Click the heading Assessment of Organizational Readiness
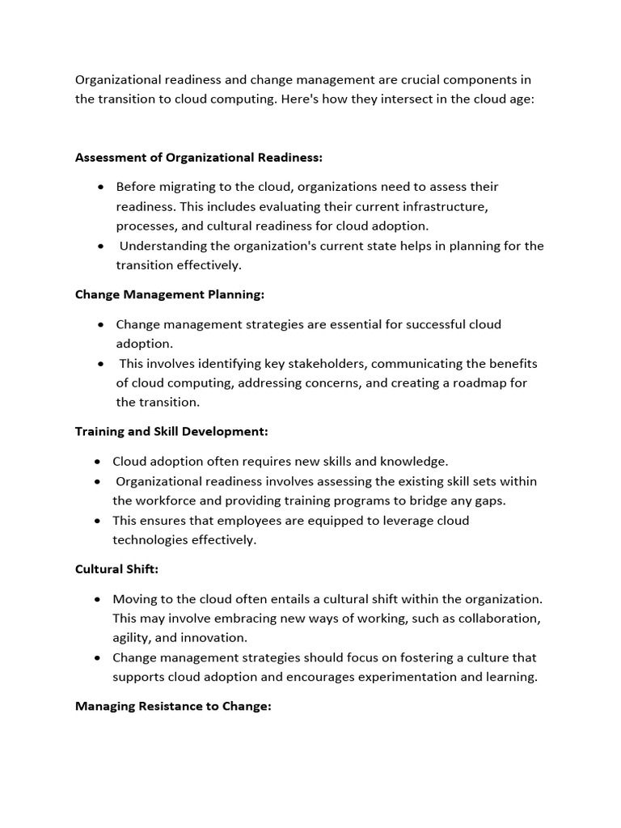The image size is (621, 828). coord(199,157)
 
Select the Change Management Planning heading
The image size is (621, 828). coord(170,294)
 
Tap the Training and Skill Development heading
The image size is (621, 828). coord(171,432)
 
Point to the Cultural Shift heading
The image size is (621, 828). coord(116,569)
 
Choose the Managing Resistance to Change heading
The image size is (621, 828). coord(173,706)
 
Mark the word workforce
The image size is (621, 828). coord(165,501)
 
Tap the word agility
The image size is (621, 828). coord(132,638)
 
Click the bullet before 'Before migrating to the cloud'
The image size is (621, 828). coord(100,187)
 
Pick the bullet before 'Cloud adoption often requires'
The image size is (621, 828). coord(97,462)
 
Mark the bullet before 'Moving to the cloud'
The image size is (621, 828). coord(97,599)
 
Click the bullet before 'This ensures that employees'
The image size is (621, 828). coord(97,521)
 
